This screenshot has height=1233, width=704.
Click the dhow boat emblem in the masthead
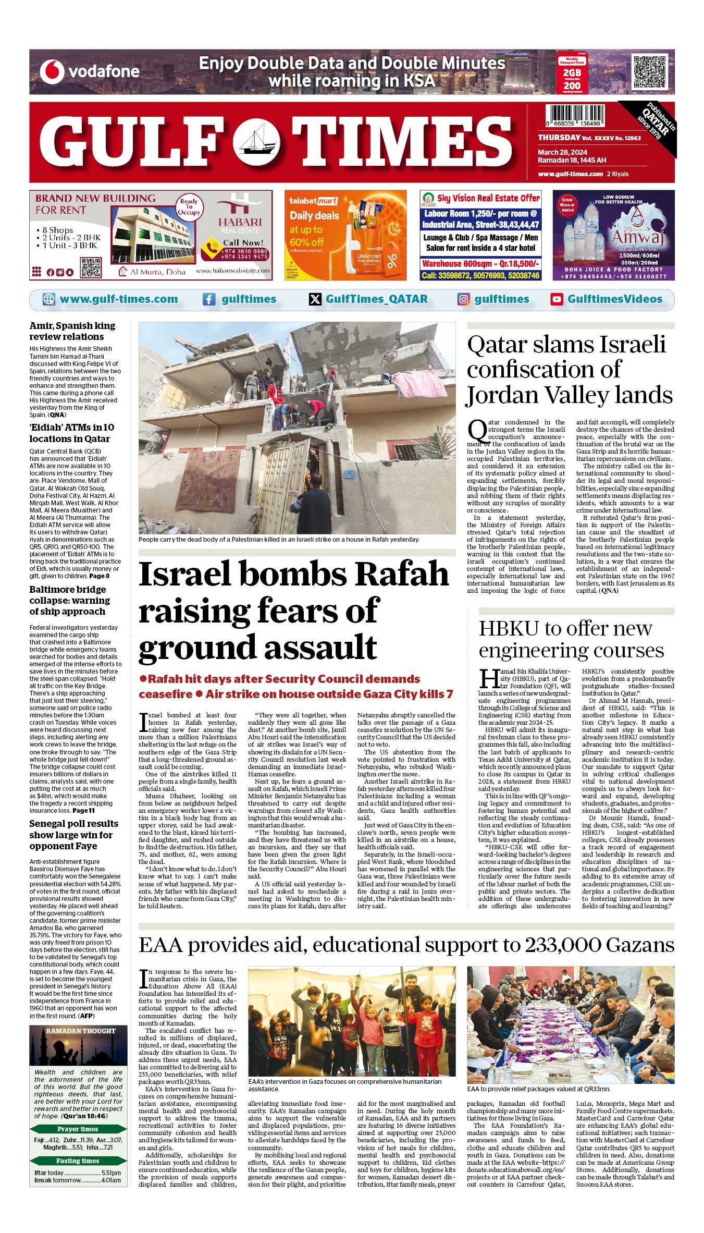256,140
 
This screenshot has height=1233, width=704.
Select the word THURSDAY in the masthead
559,138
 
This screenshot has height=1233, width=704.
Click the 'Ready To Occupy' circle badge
189,207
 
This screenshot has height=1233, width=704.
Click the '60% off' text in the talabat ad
307,242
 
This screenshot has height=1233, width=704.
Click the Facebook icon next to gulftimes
209,299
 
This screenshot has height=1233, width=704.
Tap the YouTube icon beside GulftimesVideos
557,299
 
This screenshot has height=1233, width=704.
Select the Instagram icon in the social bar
463,299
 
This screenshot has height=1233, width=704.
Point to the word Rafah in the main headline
403,574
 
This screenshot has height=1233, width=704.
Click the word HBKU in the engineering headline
509,628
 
